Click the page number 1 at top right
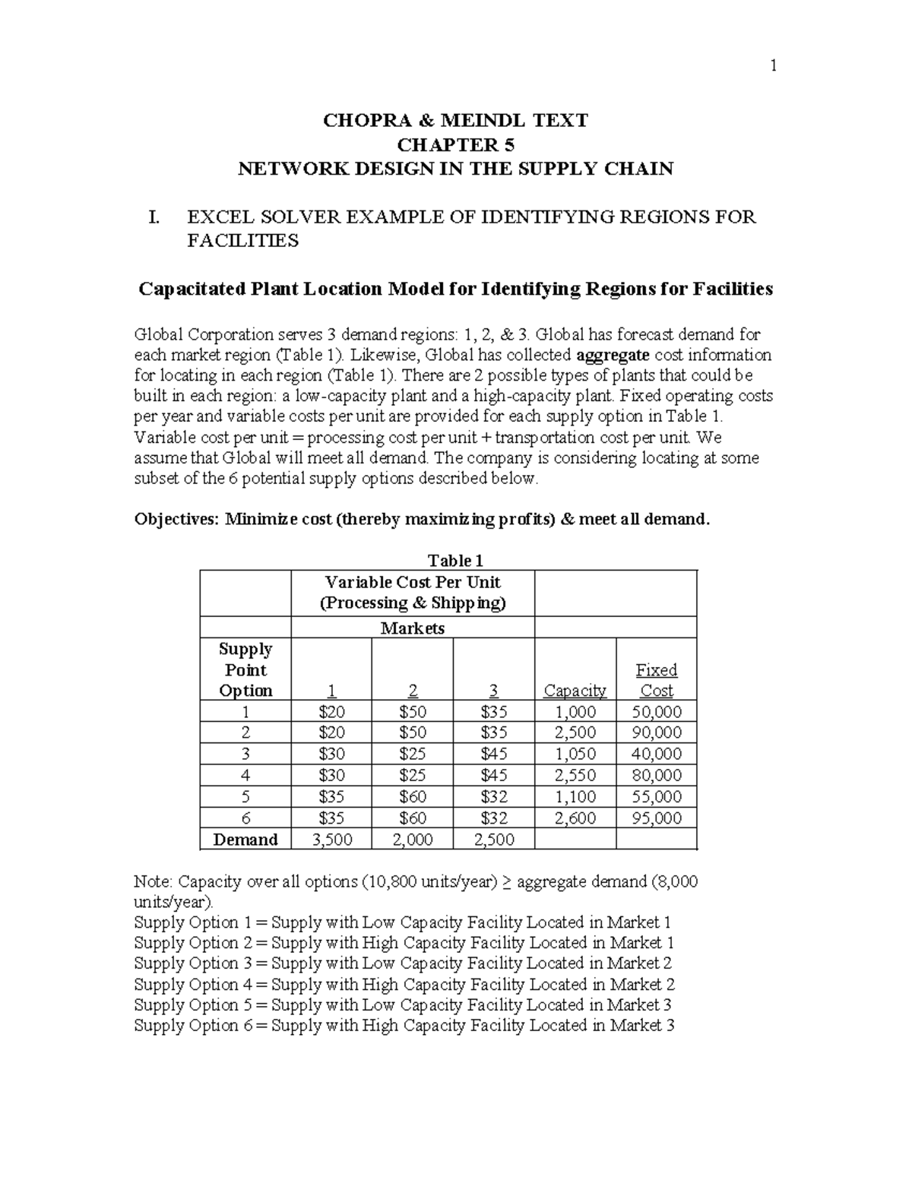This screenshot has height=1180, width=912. point(773,66)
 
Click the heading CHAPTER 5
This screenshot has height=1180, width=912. point(455,144)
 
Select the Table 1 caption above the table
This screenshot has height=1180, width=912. point(455,561)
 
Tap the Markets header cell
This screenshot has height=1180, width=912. point(413,628)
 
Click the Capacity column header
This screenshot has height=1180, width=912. point(575,691)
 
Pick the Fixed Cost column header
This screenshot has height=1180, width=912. point(656,680)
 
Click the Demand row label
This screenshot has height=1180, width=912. point(245,840)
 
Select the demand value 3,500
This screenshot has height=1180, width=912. point(331,840)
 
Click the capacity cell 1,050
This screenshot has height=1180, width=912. point(575,754)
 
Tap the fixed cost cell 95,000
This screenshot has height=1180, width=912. point(656,818)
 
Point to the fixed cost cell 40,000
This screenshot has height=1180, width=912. point(656,754)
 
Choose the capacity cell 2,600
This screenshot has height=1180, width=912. point(575,818)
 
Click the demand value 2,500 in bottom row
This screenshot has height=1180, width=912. point(493,840)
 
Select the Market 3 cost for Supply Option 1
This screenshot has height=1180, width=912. point(493,712)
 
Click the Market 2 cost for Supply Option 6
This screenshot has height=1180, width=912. point(413,818)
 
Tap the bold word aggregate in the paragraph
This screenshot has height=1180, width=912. point(613,355)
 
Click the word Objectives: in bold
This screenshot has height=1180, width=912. point(177,520)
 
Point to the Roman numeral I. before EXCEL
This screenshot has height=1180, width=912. point(154,218)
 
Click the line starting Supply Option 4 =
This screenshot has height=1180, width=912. point(404,985)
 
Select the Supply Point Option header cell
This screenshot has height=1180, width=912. point(245,669)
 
